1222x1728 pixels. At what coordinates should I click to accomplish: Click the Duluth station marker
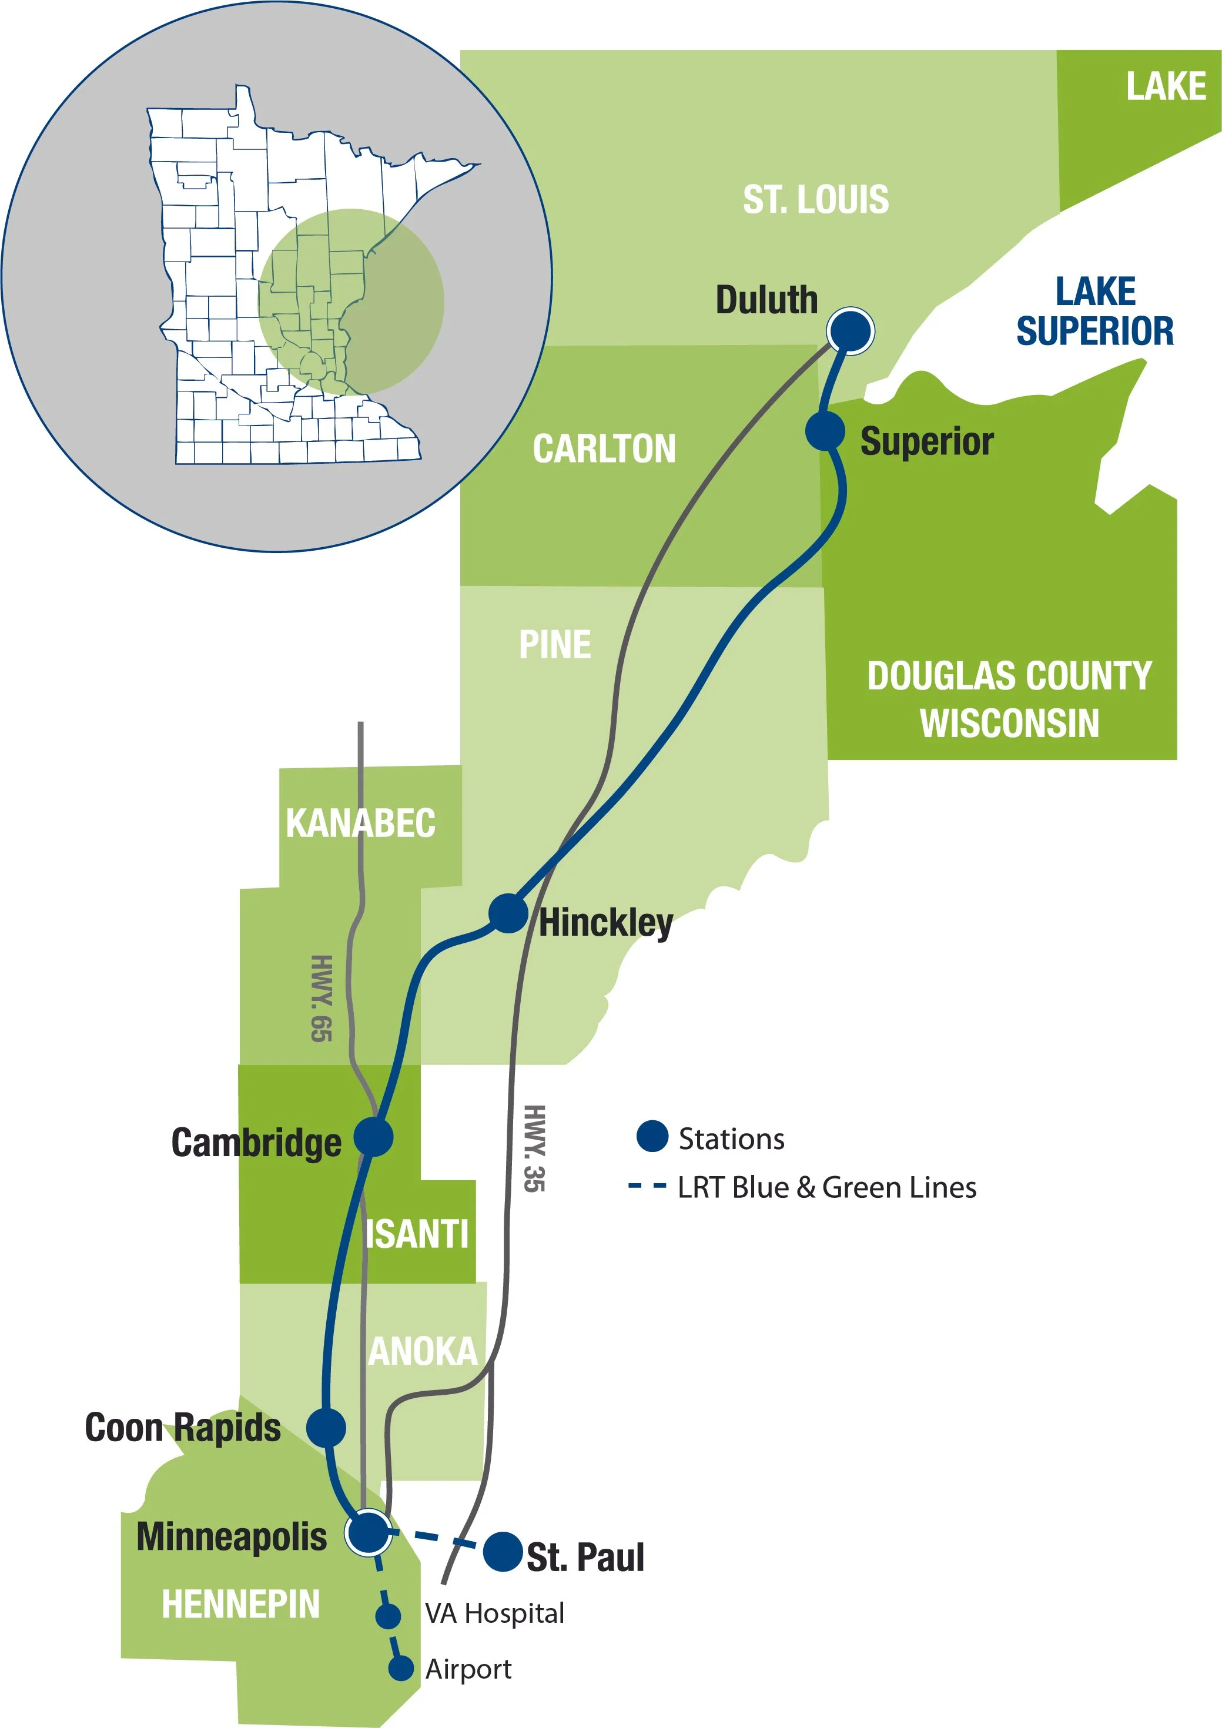[851, 330]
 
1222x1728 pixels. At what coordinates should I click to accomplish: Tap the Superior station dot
[825, 430]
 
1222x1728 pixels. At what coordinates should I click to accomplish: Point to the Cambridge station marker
[373, 1137]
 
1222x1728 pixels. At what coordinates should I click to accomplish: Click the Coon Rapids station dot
[326, 1426]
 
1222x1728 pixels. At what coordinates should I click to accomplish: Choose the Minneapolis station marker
[368, 1532]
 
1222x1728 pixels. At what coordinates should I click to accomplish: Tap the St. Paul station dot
[503, 1551]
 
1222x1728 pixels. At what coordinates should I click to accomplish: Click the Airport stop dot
[401, 1669]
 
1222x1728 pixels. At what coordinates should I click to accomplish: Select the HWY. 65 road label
[322, 998]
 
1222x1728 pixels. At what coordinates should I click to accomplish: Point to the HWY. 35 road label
[534, 1148]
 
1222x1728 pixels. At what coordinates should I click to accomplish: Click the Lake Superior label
[1095, 312]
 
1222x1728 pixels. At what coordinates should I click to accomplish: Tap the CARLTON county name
[604, 448]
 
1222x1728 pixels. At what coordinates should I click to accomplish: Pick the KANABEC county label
[360, 823]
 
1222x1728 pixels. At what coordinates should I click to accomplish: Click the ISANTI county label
[417, 1235]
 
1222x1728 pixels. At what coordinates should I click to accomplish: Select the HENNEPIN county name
[241, 1604]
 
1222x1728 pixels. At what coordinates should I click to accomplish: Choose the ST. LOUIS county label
[816, 199]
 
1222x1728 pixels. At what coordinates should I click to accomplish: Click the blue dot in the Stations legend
[652, 1137]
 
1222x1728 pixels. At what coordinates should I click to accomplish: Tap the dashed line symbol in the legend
[647, 1187]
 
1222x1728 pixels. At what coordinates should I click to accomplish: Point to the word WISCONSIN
[1009, 724]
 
